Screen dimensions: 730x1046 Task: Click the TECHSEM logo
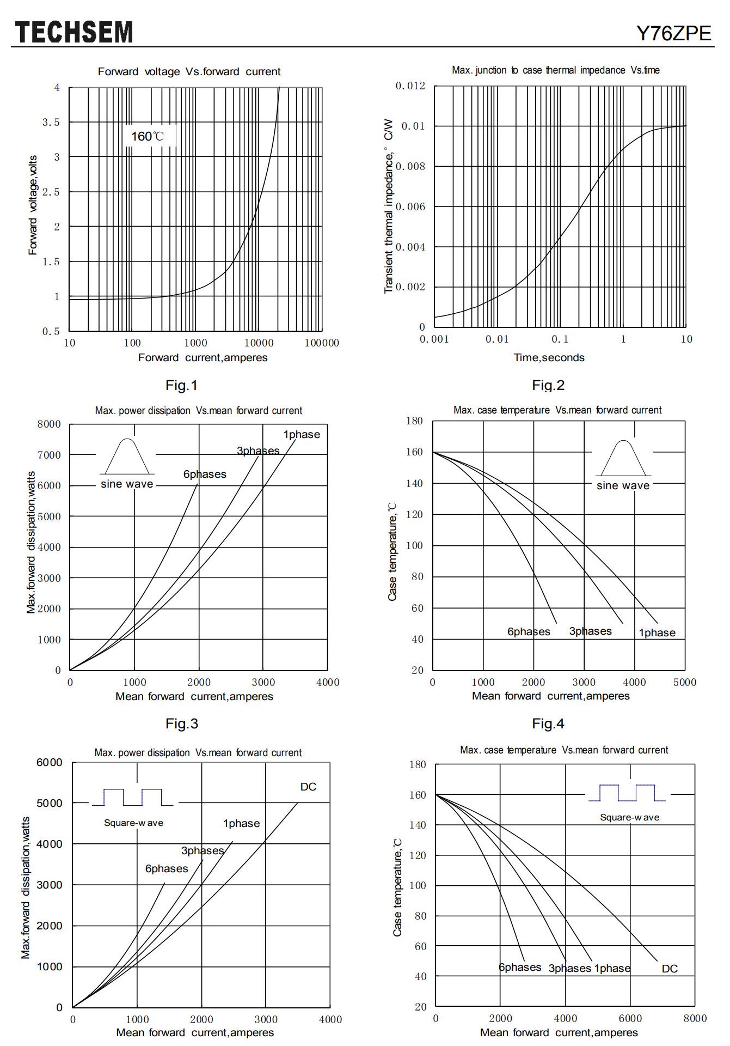[x=73, y=32]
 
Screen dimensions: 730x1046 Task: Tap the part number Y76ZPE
[x=674, y=34]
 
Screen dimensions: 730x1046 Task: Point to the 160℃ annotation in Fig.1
[x=147, y=136]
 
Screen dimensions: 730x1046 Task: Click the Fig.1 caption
[x=181, y=386]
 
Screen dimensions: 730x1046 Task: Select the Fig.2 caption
[x=548, y=386]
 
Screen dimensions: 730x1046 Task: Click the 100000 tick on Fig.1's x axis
[x=322, y=343]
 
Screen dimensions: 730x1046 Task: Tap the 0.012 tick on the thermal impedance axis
[x=410, y=86]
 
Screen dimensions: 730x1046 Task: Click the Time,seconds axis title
[x=549, y=358]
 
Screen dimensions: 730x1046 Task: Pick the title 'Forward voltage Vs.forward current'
[x=189, y=71]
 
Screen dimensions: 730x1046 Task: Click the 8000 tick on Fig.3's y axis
[x=49, y=424]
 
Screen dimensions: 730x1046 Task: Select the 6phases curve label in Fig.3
[x=205, y=475]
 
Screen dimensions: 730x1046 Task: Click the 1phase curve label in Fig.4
[x=657, y=633]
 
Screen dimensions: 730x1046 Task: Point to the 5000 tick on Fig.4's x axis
[x=685, y=682]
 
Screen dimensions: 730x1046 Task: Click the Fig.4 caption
[x=548, y=724]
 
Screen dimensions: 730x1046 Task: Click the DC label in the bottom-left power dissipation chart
[x=308, y=787]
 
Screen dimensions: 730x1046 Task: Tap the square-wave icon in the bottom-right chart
[x=627, y=793]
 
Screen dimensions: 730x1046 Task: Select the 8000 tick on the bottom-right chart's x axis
[x=695, y=1018]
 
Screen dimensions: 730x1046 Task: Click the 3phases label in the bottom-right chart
[x=569, y=968]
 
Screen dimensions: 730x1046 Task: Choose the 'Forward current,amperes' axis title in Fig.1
[x=203, y=358]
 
